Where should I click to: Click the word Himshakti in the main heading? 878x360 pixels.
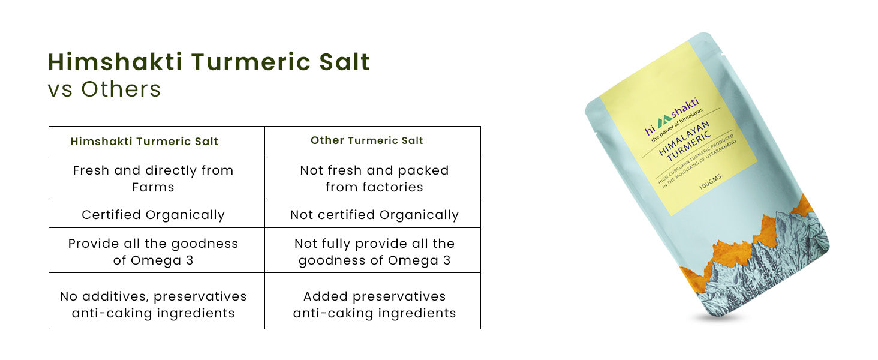click(115, 62)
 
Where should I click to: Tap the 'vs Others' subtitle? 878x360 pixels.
click(104, 89)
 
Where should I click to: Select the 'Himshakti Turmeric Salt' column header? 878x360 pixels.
click(145, 142)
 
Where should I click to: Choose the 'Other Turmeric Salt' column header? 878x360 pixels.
click(367, 140)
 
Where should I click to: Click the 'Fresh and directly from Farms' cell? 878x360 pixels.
click(154, 178)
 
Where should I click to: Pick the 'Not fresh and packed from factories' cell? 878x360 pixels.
click(374, 178)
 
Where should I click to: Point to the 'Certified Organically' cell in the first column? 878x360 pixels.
click(154, 215)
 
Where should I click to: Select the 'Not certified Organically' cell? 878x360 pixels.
click(374, 215)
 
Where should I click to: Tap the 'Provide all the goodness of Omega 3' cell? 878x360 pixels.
click(154, 252)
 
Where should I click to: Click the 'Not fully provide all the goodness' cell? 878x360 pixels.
click(374, 252)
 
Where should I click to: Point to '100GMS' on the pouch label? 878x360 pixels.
click(710, 182)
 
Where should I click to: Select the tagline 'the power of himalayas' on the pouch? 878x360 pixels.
click(677, 125)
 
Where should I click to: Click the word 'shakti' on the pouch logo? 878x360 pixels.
click(685, 107)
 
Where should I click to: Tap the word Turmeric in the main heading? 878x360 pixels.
click(251, 62)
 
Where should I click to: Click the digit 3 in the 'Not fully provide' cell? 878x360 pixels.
click(447, 260)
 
